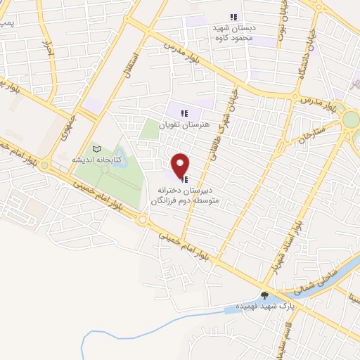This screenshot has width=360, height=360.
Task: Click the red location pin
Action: tap(181, 165)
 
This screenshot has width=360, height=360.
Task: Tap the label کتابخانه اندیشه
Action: tap(97, 160)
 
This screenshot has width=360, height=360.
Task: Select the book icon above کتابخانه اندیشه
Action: tap(97, 149)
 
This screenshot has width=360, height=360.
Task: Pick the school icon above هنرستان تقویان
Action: tap(184, 112)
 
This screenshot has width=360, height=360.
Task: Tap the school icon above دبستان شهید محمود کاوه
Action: tap(234, 18)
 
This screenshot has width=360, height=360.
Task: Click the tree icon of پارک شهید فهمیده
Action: tap(265, 296)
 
